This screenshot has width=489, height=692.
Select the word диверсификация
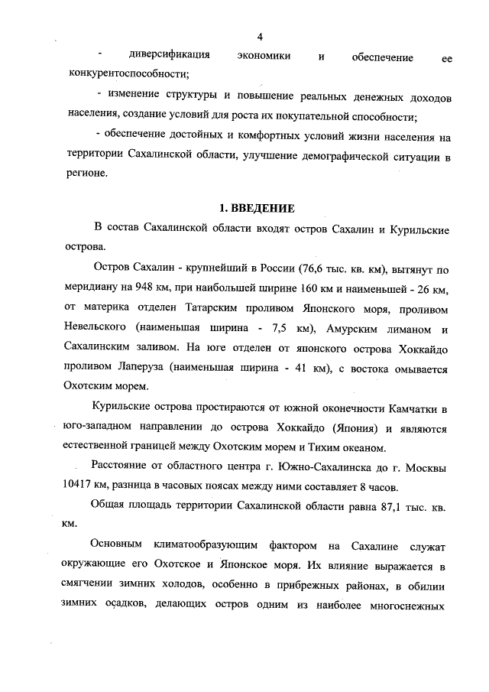coord(170,57)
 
